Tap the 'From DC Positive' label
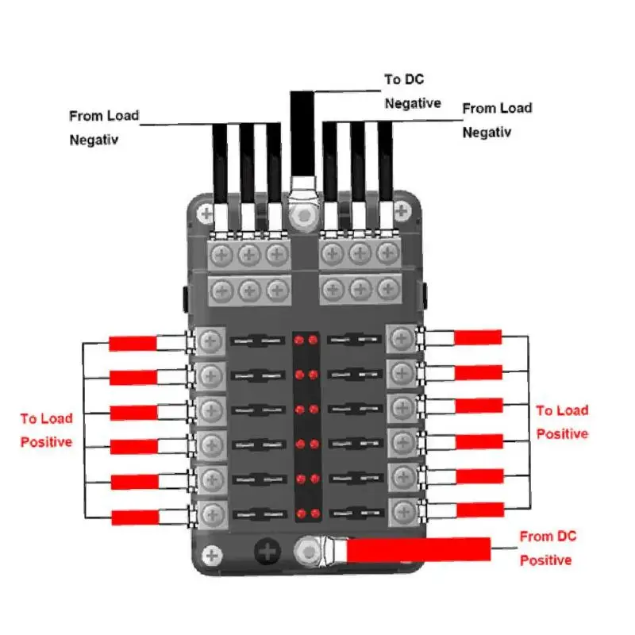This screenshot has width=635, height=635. click(545, 548)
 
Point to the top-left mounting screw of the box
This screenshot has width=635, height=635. click(206, 213)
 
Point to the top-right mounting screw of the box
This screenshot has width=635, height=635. click(402, 211)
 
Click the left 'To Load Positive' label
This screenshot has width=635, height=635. click(46, 429)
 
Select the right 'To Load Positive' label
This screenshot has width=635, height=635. click(562, 421)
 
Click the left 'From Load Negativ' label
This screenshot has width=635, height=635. click(104, 127)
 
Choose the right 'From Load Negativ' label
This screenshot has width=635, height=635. click(497, 119)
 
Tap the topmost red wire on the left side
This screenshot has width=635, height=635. click(133, 344)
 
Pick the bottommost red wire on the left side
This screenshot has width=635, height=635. click(135, 518)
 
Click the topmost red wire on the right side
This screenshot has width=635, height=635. click(478, 337)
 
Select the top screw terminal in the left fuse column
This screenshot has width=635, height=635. click(210, 341)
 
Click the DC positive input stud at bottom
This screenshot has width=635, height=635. click(305, 548)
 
